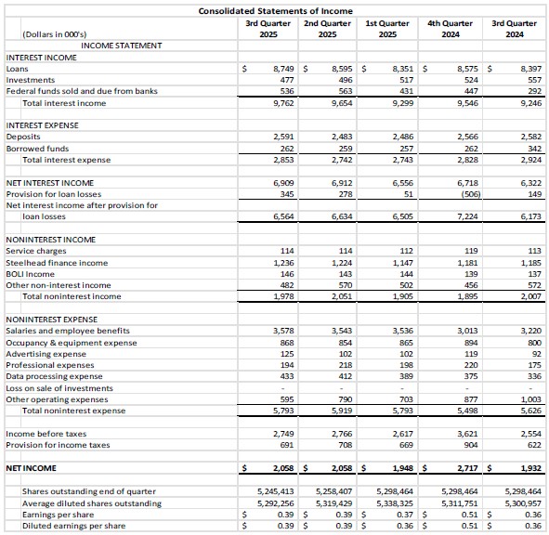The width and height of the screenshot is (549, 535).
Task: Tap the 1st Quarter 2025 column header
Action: pyautogui.click(x=388, y=29)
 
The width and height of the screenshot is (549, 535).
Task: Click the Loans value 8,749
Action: pyautogui.click(x=281, y=69)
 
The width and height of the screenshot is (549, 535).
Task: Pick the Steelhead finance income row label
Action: pyautogui.click(x=57, y=263)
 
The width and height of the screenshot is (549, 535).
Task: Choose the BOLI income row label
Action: pyautogui.click(x=31, y=274)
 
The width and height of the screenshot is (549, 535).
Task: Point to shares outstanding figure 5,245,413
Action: pyautogui.click(x=275, y=491)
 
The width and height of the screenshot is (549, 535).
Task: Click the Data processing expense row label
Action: pyautogui.click(x=54, y=376)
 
